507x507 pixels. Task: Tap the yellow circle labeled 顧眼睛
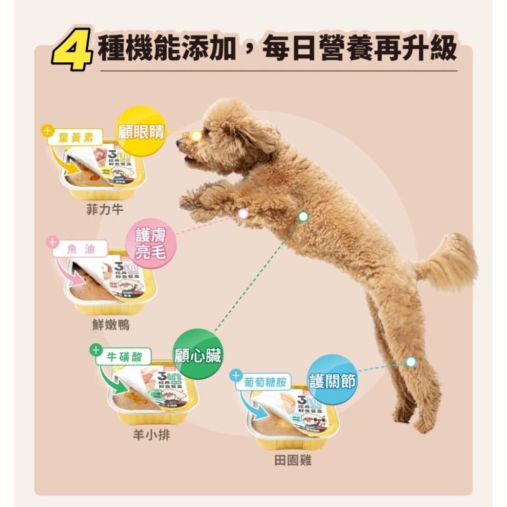[140, 131]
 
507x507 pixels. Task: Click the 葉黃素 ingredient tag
[75, 137]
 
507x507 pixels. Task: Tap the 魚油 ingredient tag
[80, 248]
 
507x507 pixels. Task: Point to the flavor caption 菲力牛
[104, 209]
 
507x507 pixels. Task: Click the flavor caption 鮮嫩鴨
[111, 325]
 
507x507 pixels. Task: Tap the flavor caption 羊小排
[151, 435]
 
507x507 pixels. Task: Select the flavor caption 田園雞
[293, 460]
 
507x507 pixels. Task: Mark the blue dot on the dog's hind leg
[411, 362]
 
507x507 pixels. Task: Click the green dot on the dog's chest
[303, 216]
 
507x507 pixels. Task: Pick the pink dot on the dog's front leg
[243, 213]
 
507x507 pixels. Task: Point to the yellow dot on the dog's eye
[196, 135]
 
